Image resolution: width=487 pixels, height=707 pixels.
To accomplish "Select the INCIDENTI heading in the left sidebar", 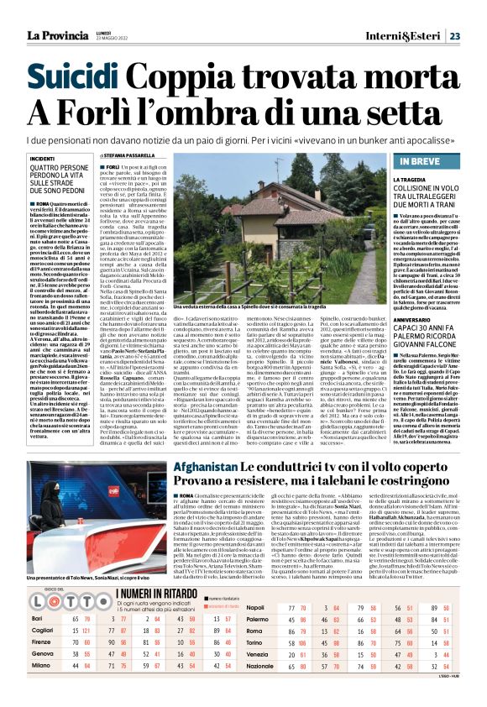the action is pos(43,158).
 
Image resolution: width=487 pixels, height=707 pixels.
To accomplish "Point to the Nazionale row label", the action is pos(259,688).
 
